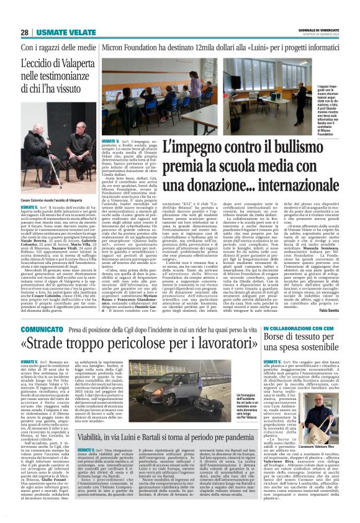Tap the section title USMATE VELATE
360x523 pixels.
tap(61, 32)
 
